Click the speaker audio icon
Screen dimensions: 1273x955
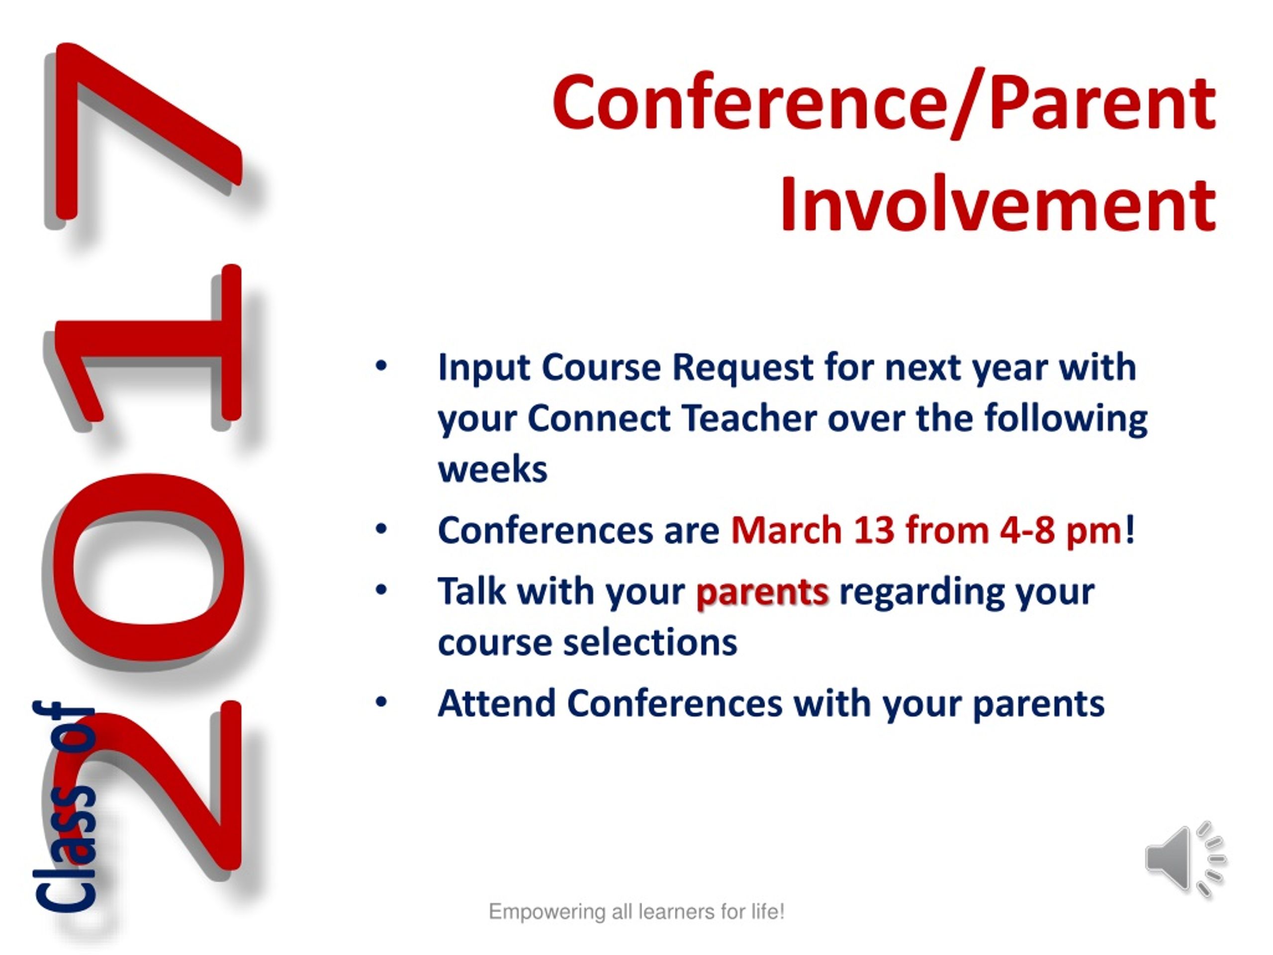pos(1184,859)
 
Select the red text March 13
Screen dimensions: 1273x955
pos(813,530)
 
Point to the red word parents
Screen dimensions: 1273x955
pos(762,592)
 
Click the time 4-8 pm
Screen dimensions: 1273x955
pos(1060,531)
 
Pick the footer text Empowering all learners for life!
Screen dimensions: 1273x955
pos(636,911)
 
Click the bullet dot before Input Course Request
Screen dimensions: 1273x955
pos(381,367)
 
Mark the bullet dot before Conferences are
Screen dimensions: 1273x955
pos(381,529)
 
